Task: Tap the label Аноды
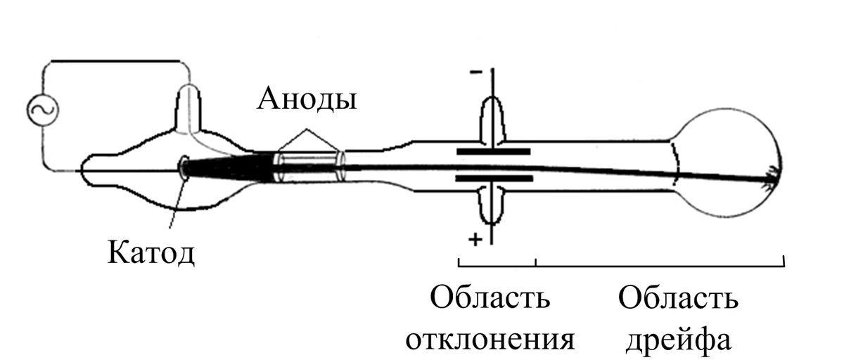coord(307,99)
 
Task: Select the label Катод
coord(151,251)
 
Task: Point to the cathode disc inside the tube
coord(185,167)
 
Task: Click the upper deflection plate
coord(492,151)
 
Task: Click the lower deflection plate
coord(492,179)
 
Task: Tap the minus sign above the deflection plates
coord(475,72)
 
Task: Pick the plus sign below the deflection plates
coord(475,239)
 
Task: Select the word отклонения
coord(490,339)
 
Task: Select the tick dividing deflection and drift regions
coord(537,262)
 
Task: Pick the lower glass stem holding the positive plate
coord(492,204)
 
